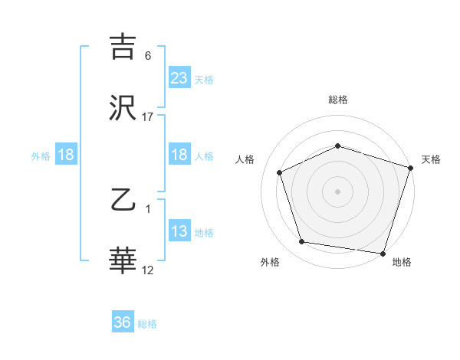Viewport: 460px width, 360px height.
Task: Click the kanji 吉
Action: point(123,47)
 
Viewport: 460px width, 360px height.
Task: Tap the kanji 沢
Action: point(123,108)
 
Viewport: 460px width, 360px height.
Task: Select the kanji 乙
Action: point(123,201)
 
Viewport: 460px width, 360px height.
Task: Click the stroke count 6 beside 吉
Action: point(148,56)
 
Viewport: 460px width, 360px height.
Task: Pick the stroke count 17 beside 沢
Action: point(148,116)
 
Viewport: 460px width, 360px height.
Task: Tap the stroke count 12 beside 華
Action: point(148,270)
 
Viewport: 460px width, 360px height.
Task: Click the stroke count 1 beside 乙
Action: point(148,208)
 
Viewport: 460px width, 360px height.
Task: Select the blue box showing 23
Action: point(179,78)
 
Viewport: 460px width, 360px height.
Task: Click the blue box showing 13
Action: point(179,231)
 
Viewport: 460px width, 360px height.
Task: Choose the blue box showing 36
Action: point(123,323)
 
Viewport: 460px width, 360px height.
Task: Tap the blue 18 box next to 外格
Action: point(66,155)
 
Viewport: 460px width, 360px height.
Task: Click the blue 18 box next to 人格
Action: point(179,155)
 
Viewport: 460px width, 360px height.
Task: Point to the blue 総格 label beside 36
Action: point(147,324)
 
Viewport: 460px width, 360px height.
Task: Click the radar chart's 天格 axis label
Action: point(431,159)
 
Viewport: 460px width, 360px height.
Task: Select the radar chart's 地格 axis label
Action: point(402,262)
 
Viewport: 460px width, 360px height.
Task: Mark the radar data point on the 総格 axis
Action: point(337,146)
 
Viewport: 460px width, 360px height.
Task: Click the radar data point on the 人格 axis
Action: point(281,172)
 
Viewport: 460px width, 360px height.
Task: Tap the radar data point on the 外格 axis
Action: point(302,242)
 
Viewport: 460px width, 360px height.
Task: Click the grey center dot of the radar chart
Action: point(337,191)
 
